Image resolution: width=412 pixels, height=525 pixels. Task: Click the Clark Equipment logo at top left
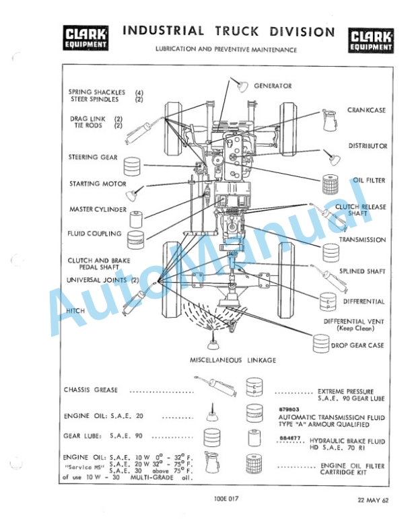pos(85,38)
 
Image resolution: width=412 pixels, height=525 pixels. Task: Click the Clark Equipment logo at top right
pos(371,40)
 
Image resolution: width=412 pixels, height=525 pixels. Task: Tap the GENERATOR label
pos(273,86)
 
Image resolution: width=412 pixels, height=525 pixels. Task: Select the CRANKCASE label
pos(366,110)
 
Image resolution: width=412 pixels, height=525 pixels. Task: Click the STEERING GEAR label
pos(93,157)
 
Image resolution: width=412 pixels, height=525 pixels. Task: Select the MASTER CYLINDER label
pos(98,209)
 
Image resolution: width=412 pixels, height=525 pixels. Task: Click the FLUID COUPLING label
pos(94,234)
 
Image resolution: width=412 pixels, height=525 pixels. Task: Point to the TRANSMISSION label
pos(362,240)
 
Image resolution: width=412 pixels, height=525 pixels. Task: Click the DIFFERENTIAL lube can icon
pos(328,300)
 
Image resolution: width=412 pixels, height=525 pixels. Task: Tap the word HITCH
pos(75,311)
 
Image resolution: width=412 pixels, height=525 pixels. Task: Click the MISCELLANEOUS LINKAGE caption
pos(233,361)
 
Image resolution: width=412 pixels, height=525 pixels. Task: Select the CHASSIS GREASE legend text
pos(91,390)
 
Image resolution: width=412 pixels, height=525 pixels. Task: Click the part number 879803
pos(288,409)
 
